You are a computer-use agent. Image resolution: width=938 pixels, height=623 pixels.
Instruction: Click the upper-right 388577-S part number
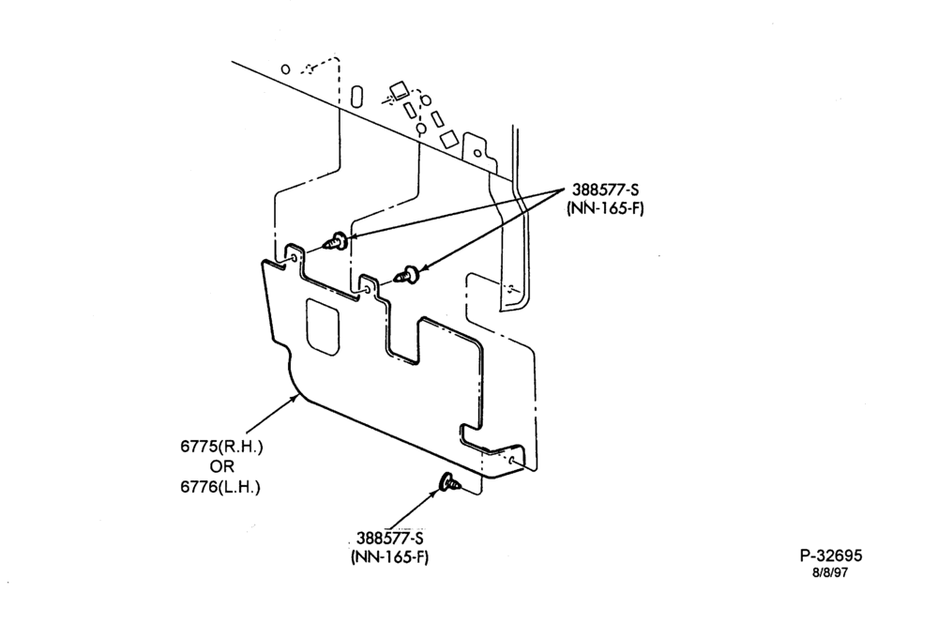click(x=605, y=190)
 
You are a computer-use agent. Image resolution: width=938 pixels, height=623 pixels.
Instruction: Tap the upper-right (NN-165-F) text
click(x=605, y=209)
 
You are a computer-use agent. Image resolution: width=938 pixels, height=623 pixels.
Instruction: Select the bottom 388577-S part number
click(x=390, y=538)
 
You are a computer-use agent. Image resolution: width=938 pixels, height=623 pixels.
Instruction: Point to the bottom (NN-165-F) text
click(x=390, y=556)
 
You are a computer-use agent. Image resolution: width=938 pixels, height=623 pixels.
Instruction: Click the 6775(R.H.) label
click(x=221, y=447)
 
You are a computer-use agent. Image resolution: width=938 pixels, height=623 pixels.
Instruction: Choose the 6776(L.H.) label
click(x=220, y=487)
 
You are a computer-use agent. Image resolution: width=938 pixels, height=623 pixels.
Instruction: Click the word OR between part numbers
click(x=222, y=467)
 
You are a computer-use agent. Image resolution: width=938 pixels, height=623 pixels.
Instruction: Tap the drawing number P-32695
click(x=831, y=556)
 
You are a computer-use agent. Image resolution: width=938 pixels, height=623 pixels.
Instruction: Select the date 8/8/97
click(x=830, y=572)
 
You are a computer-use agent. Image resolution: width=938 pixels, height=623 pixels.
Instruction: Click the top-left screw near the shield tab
click(x=335, y=242)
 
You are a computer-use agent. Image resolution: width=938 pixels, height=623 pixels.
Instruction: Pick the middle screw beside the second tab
click(x=407, y=275)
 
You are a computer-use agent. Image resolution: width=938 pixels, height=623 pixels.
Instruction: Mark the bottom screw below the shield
click(x=450, y=482)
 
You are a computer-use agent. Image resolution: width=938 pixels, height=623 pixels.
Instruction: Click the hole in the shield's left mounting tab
click(x=294, y=257)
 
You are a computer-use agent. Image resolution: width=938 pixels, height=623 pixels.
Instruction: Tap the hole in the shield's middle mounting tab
click(x=367, y=289)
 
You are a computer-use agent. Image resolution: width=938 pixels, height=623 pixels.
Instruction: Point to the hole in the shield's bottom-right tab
click(x=512, y=461)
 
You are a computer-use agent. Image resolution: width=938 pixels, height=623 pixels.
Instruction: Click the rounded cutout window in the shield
click(x=323, y=327)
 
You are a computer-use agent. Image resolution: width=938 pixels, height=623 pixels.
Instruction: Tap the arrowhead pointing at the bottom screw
click(x=435, y=494)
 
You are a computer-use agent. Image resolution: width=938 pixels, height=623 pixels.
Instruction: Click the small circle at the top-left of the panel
click(x=285, y=69)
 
